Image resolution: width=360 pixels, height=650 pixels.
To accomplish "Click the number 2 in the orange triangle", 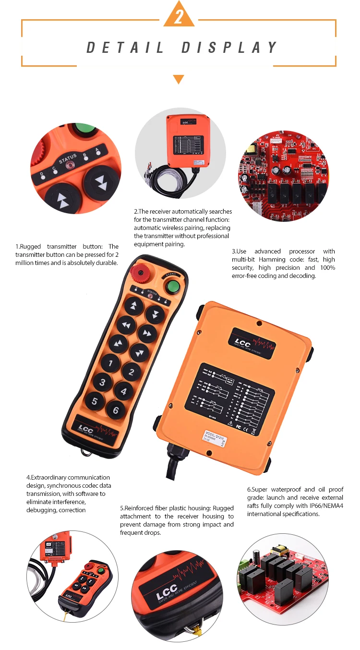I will pyautogui.click(x=179, y=17).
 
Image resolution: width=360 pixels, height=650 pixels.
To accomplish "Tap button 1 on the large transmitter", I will pyautogui.click(x=111, y=363).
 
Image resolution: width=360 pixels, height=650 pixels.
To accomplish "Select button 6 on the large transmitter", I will pyautogui.click(x=115, y=409).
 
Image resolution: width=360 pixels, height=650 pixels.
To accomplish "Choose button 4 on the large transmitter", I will pyautogui.click(x=123, y=391).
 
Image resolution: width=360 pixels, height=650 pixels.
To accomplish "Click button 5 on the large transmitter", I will pyautogui.click(x=95, y=400).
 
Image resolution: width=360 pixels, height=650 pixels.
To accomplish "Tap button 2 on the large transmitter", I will pyautogui.click(x=132, y=371).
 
